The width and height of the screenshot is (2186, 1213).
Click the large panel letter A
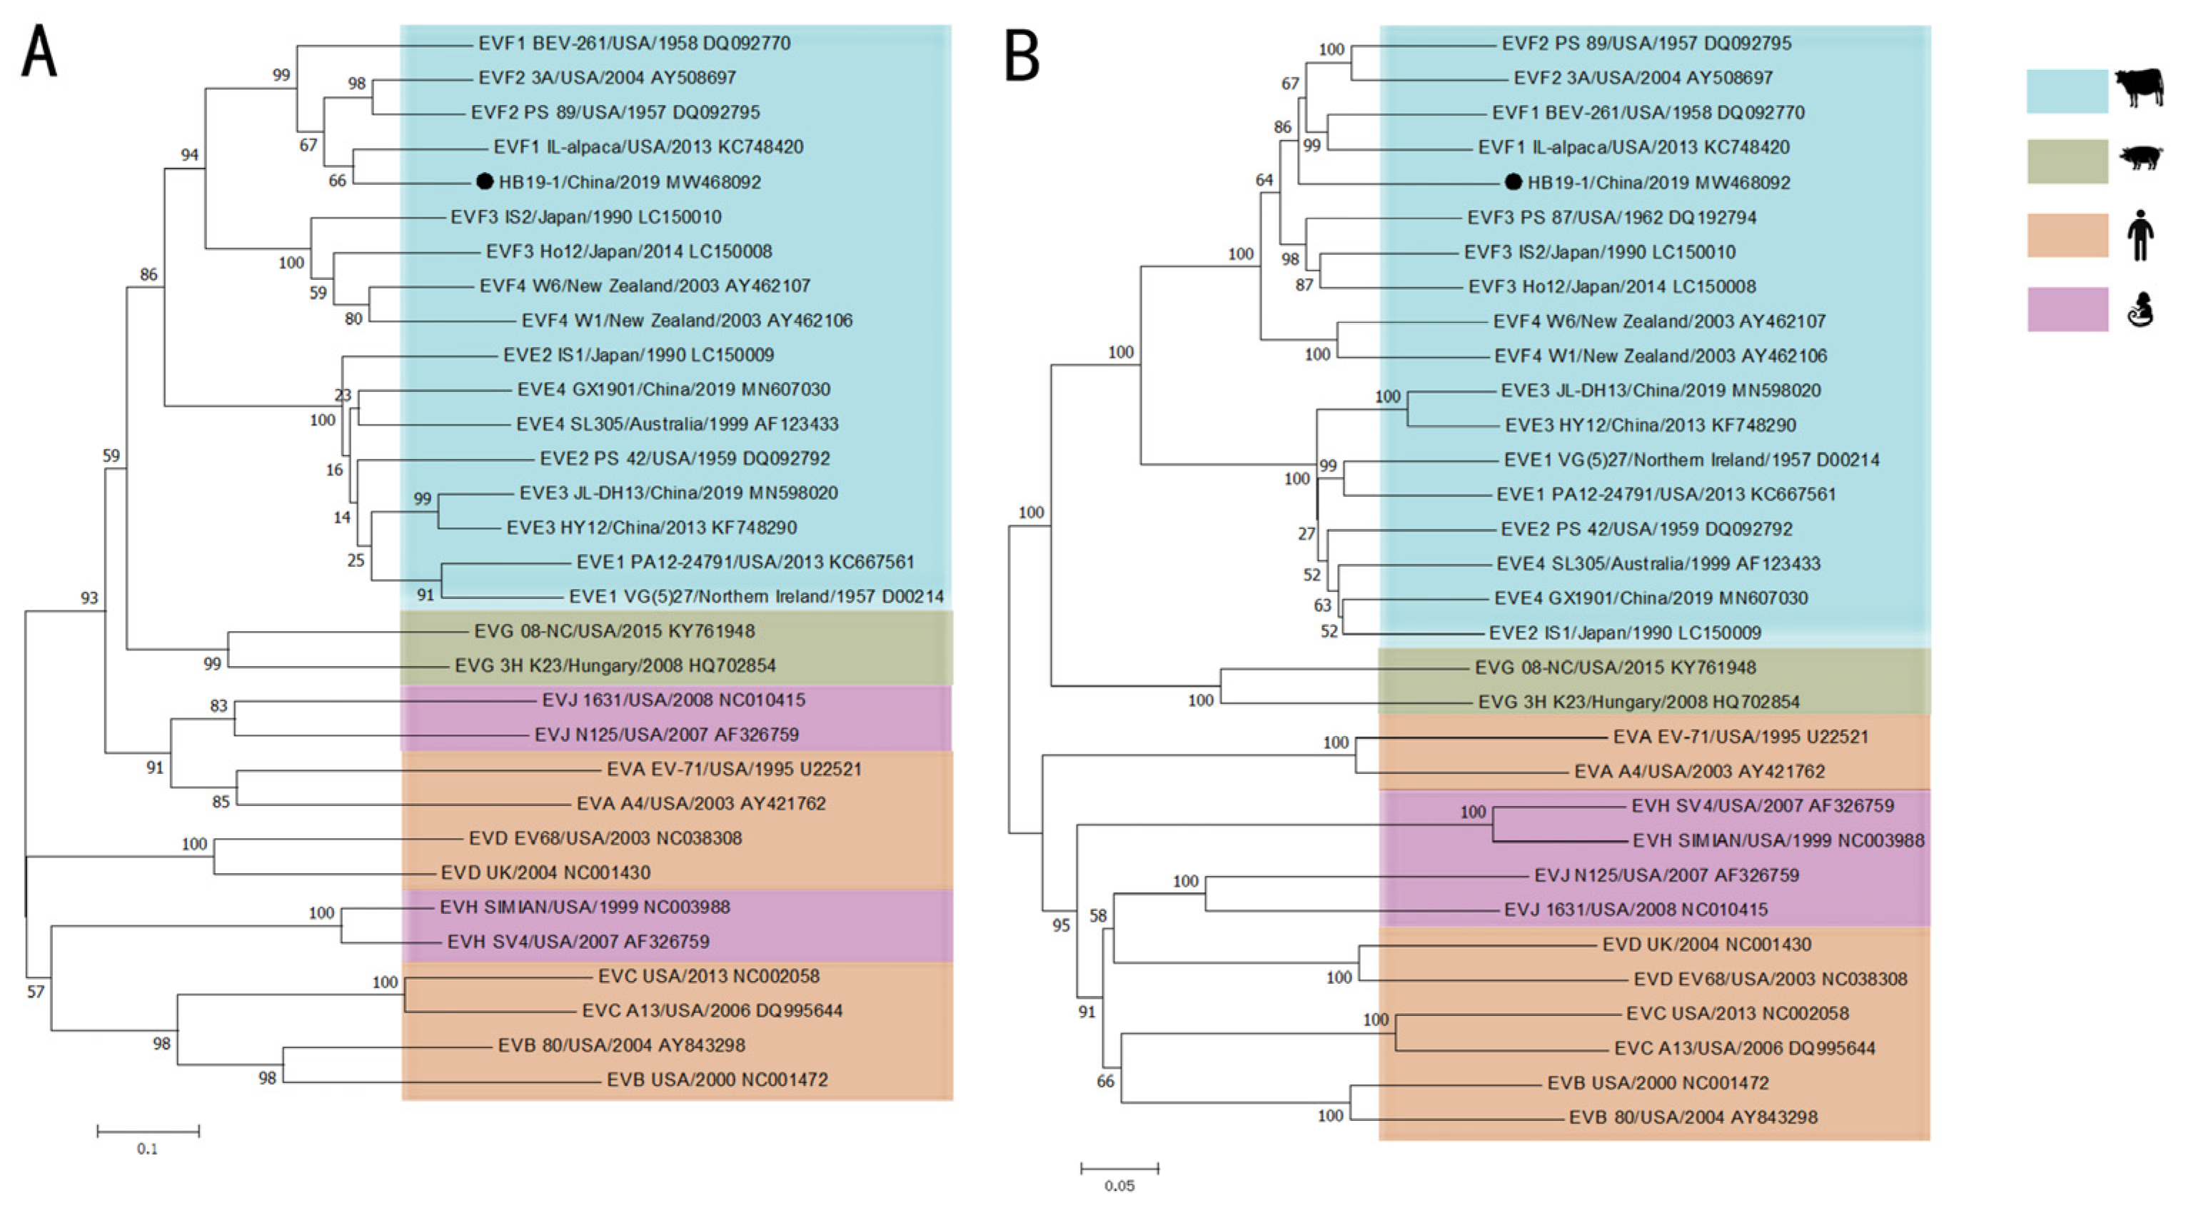point(39,53)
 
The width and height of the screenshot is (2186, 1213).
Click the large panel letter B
point(1022,55)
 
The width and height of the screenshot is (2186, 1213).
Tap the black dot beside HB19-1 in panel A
point(485,181)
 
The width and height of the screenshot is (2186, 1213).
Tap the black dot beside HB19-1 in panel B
point(1513,181)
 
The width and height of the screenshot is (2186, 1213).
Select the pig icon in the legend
point(2141,158)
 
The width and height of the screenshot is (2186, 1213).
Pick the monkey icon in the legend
point(2140,310)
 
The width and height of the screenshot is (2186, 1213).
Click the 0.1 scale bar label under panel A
point(147,1149)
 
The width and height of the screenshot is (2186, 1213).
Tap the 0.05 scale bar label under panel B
point(1119,1186)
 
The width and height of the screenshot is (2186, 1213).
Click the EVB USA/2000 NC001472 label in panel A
point(717,1079)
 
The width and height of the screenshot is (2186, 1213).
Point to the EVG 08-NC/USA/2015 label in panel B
point(1615,668)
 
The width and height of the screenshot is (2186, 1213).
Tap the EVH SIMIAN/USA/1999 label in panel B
point(1778,840)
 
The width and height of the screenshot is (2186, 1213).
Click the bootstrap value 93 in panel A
point(89,598)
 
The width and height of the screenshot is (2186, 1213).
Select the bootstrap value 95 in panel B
point(1061,925)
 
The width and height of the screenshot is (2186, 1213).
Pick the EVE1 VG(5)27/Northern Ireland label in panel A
point(756,597)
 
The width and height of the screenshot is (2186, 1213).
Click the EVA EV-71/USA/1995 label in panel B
point(1741,737)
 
